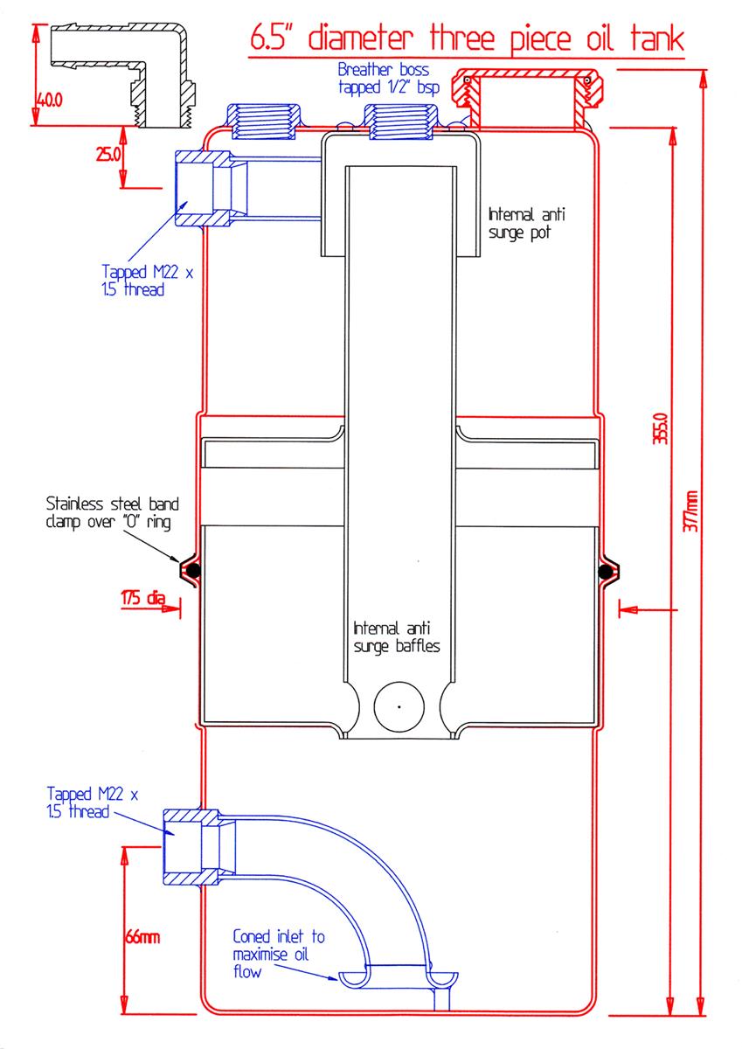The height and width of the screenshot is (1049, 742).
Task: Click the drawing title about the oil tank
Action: [467, 39]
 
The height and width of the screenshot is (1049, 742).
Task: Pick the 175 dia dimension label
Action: [143, 599]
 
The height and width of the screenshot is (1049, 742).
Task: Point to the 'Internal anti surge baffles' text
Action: [395, 637]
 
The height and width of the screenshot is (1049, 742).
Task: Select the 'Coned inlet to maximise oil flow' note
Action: [278, 954]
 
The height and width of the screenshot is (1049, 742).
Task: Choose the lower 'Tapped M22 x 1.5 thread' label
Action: [93, 802]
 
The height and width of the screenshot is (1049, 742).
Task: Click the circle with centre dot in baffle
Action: [399, 705]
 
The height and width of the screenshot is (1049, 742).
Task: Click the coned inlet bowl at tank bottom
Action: [399, 976]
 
